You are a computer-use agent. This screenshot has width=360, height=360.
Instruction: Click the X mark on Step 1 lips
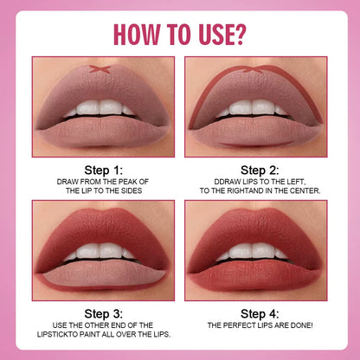103,68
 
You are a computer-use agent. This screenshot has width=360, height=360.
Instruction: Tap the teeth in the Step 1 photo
103,108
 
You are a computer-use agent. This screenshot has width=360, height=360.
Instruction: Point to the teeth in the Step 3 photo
103,252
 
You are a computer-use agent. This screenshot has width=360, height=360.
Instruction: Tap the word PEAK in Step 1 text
138,181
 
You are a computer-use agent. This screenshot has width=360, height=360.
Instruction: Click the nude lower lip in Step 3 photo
103,270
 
